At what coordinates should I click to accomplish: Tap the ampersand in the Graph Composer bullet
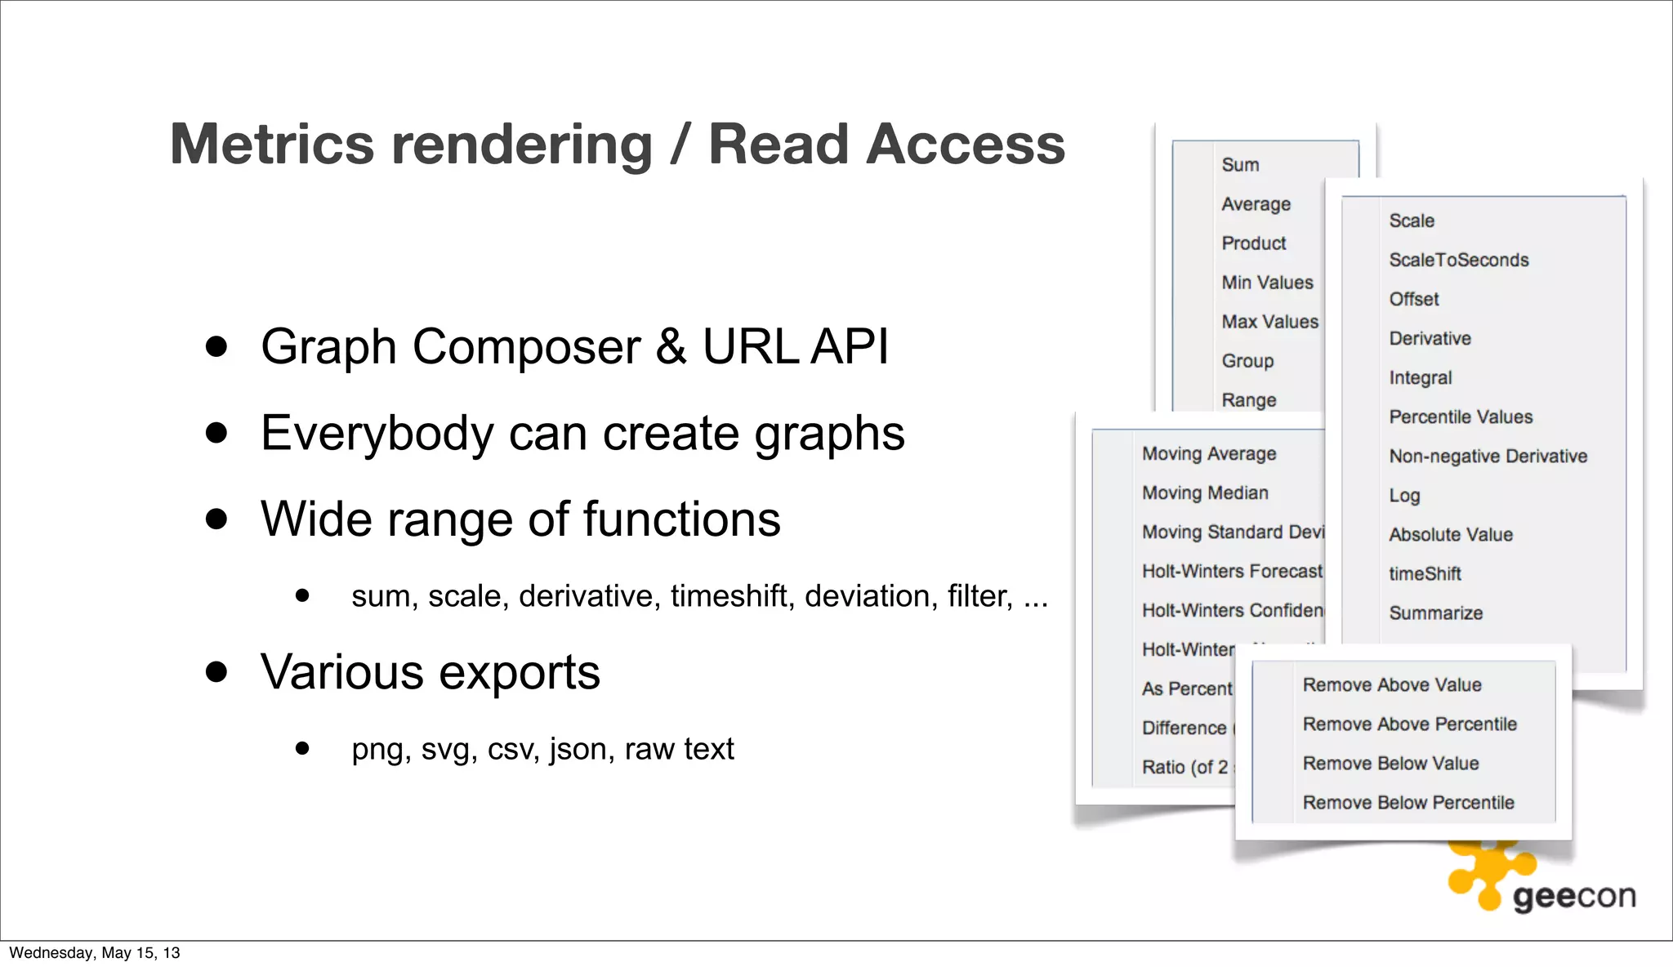[671, 346]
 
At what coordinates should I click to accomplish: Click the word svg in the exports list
[448, 749]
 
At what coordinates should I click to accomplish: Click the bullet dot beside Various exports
[216, 672]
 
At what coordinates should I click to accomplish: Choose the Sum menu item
[1240, 165]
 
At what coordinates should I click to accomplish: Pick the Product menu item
[1254, 243]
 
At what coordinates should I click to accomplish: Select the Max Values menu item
[1269, 322]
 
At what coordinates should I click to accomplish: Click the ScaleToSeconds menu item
[1459, 260]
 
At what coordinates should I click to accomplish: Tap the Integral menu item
[1421, 377]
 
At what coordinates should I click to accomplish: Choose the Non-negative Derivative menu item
[1488, 456]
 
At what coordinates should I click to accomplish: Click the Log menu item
[1405, 495]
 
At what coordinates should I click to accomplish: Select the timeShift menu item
[1425, 573]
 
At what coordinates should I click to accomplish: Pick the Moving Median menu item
[1205, 492]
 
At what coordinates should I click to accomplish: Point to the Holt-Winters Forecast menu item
[1232, 571]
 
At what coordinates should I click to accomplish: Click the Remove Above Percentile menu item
[1409, 724]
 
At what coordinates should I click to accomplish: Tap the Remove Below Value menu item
[1390, 763]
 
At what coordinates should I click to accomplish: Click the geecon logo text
[1574, 897]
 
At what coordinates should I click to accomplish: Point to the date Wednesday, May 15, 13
[95, 953]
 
